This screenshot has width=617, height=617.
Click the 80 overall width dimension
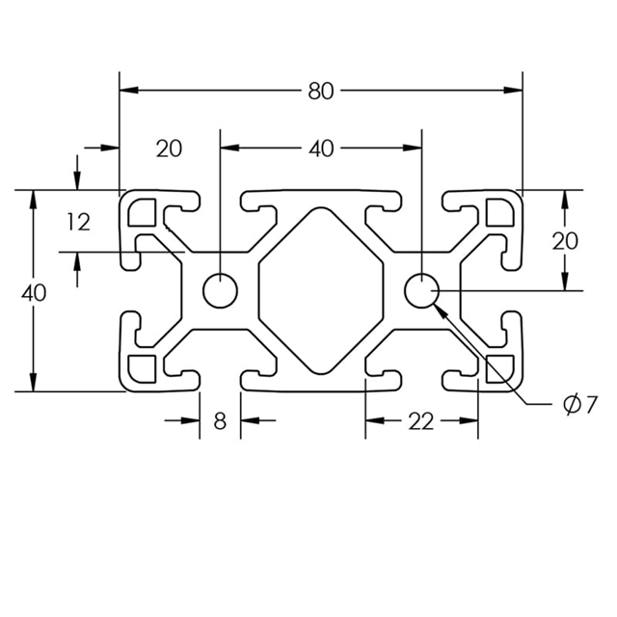(321, 92)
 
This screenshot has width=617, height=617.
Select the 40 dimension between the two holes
(321, 148)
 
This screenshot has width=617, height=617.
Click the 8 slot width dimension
(220, 421)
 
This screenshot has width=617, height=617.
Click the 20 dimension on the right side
(565, 241)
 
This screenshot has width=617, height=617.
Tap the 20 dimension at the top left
(169, 148)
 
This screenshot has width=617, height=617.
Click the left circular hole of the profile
(220, 289)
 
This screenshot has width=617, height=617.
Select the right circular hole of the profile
(421, 289)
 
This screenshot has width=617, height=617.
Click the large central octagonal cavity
(321, 289)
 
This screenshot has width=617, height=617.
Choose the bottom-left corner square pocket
(145, 367)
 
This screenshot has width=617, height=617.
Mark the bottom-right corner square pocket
(498, 367)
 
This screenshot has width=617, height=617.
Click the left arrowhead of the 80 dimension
(126, 92)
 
